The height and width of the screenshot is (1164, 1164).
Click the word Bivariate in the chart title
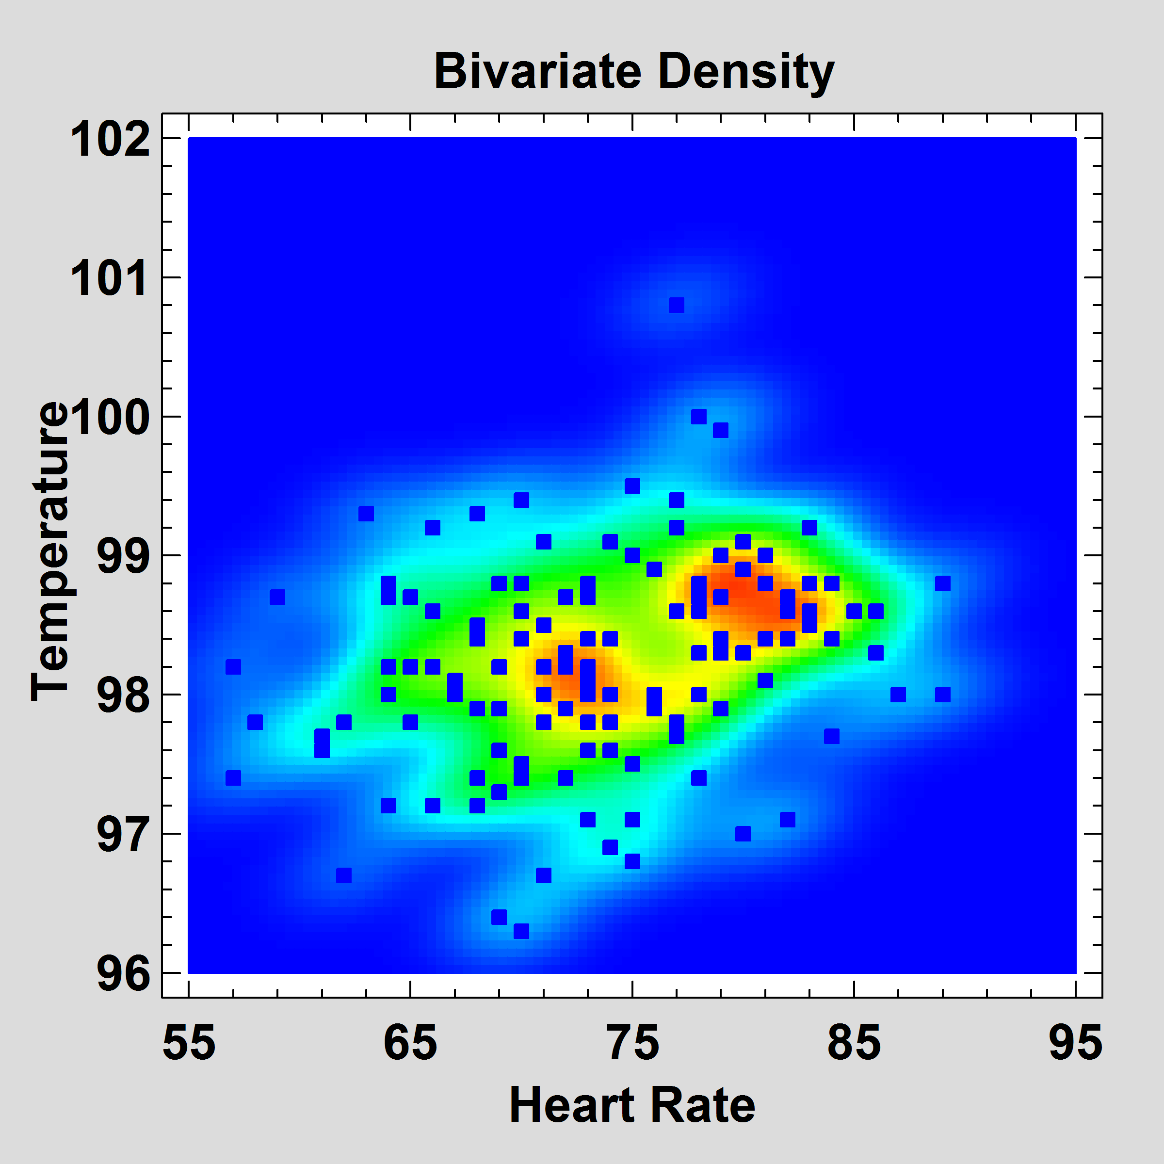tap(537, 71)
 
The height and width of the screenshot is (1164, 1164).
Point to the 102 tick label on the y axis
tap(110, 140)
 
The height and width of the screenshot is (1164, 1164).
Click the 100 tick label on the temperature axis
tap(110, 417)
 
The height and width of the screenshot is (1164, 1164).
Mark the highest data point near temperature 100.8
tap(677, 306)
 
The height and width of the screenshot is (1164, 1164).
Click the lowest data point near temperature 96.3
tap(521, 931)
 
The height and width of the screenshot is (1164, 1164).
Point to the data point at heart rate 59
tap(277, 597)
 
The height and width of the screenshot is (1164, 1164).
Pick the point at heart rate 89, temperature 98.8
tap(943, 583)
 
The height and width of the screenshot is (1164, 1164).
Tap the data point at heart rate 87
tap(898, 694)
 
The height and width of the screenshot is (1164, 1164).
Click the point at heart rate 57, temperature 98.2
tap(233, 667)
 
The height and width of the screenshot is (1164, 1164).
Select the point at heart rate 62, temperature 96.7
tap(344, 875)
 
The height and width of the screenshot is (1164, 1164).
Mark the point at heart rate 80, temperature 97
tap(743, 834)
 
